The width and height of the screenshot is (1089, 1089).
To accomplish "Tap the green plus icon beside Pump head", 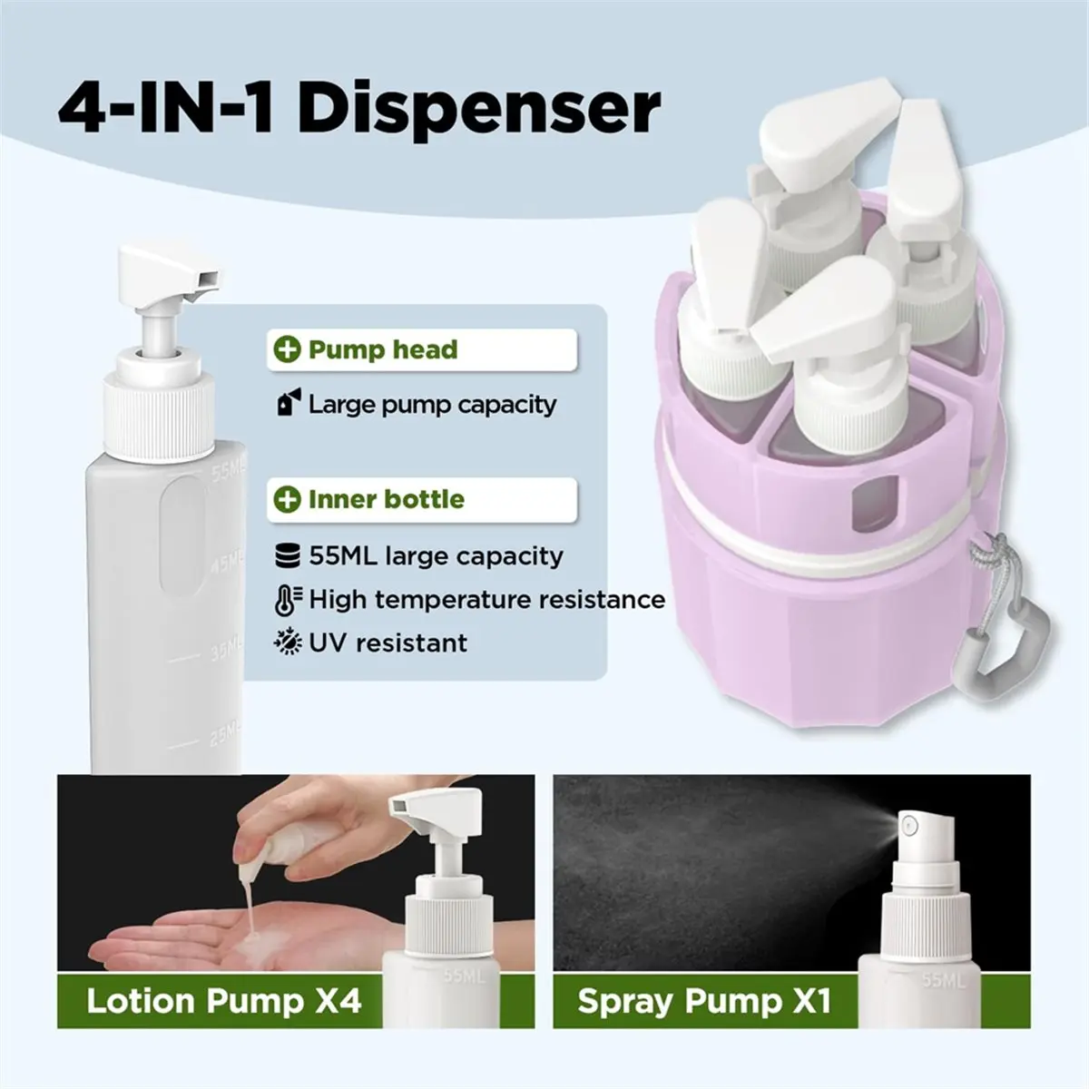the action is click(287, 349).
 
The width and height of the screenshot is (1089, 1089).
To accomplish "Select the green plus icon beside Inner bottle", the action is click(287, 499).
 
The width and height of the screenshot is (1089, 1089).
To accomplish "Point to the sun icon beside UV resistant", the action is click(288, 643).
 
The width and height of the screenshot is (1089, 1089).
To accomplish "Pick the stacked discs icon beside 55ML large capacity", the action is click(288, 555).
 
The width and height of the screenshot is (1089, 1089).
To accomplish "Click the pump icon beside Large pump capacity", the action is click(289, 402).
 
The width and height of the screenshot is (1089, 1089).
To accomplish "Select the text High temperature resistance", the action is click(487, 600).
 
